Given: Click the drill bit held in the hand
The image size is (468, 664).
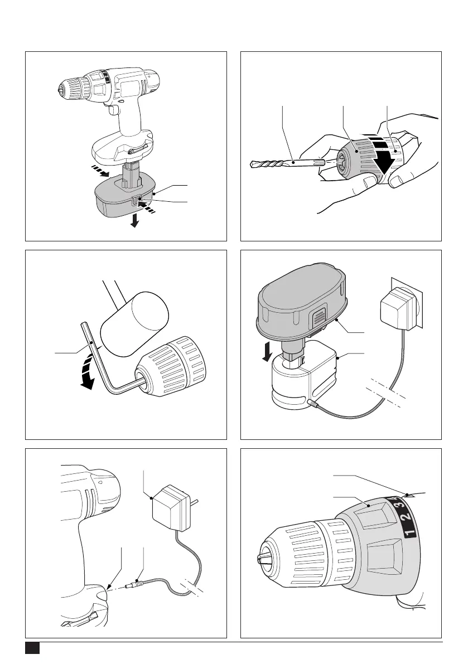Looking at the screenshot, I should pyautogui.click(x=279, y=163).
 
